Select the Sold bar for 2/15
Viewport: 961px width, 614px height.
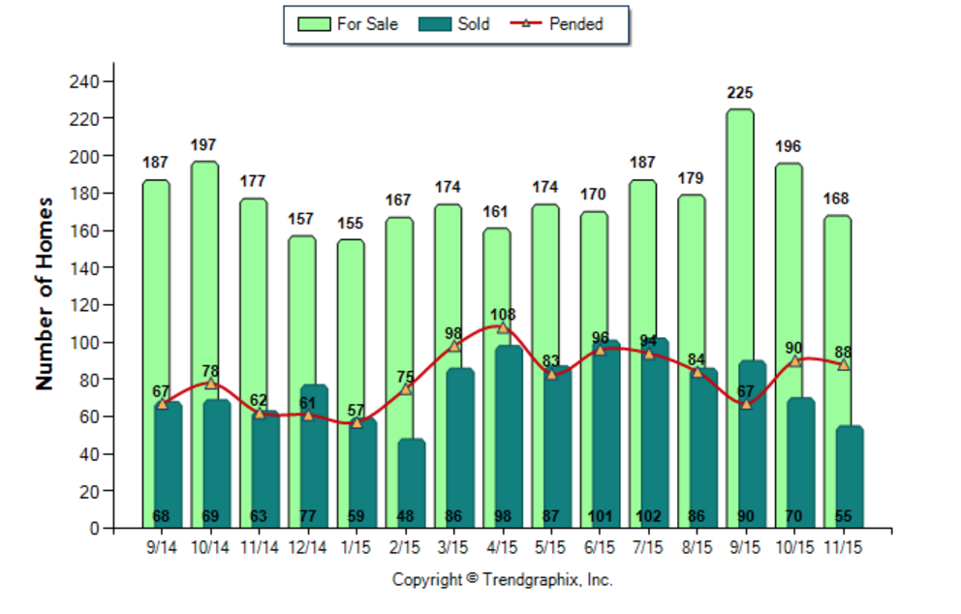click(x=412, y=484)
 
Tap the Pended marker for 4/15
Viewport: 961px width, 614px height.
click(x=502, y=328)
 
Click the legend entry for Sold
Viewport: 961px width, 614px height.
click(x=454, y=24)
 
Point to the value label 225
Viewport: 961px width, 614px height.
click(x=740, y=94)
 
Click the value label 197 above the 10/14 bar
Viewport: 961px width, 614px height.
click(x=203, y=145)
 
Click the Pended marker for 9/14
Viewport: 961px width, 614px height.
click(x=162, y=404)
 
